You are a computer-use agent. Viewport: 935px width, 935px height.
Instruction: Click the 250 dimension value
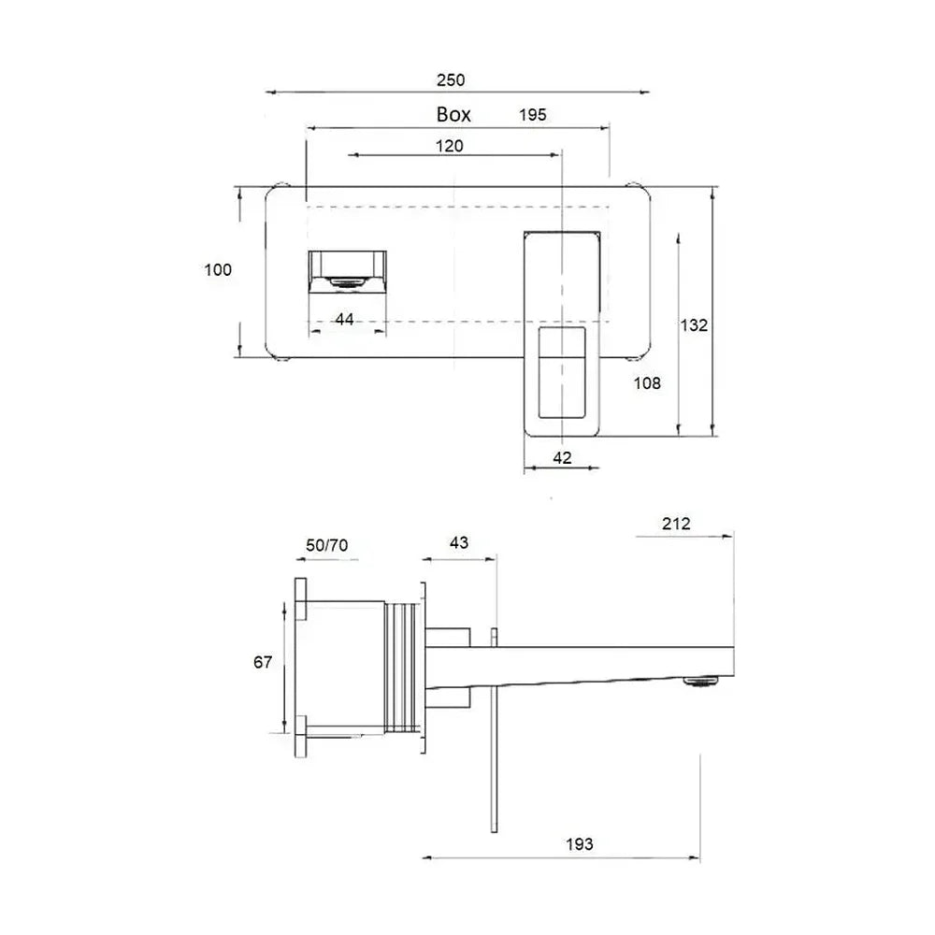click(x=451, y=79)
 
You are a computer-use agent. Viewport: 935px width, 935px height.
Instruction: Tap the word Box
click(x=453, y=114)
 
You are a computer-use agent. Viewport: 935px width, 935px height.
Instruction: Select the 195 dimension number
click(x=533, y=114)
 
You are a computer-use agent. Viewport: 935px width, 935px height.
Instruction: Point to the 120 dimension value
click(x=449, y=146)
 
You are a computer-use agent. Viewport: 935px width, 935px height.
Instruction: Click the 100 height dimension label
click(x=218, y=270)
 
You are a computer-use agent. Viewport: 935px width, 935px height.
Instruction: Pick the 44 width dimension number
click(x=344, y=320)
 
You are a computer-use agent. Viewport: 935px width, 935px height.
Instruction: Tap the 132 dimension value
click(x=694, y=325)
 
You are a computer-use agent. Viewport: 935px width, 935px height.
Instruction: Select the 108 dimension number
click(x=647, y=383)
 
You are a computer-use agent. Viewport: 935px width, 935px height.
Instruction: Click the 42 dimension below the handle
click(x=562, y=458)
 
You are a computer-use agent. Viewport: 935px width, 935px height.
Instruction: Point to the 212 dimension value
click(x=676, y=524)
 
